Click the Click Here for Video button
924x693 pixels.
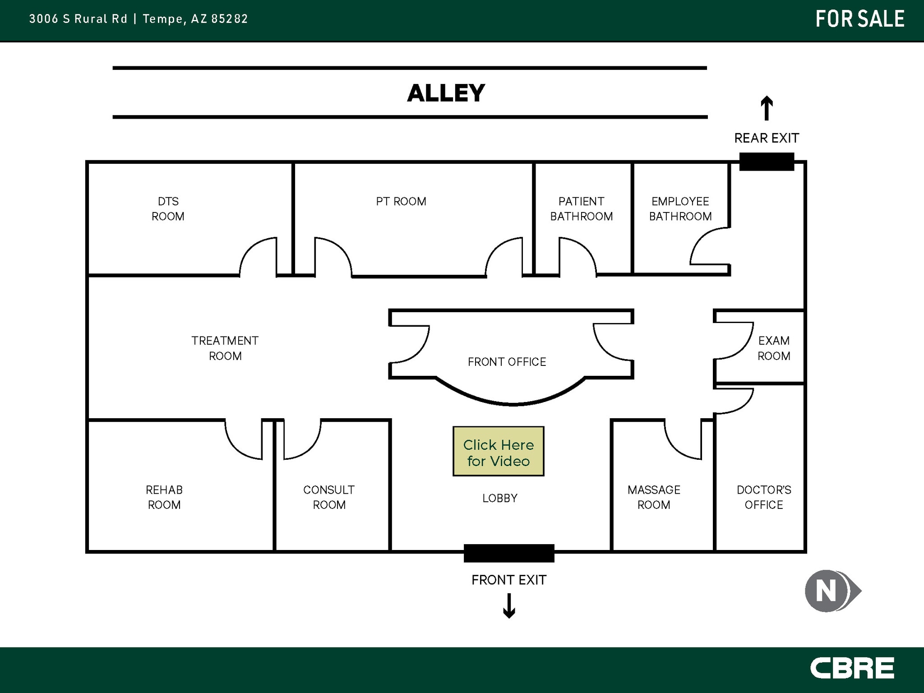498,452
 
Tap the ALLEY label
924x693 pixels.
446,93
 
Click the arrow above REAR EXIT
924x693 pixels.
767,108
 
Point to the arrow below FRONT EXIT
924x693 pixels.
509,605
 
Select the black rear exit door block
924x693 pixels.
767,162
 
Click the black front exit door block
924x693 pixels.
509,553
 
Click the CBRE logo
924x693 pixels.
852,668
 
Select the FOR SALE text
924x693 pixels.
860,19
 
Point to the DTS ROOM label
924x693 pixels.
168,209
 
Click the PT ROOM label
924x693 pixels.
401,202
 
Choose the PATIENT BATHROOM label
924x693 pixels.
581,209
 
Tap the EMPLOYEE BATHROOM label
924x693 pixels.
680,209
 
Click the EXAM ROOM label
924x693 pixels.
774,348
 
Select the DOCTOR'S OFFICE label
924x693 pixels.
764,497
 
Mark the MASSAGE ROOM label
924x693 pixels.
654,497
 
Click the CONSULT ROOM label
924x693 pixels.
329,497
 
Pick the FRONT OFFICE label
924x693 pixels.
507,362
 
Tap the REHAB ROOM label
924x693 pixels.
164,497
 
